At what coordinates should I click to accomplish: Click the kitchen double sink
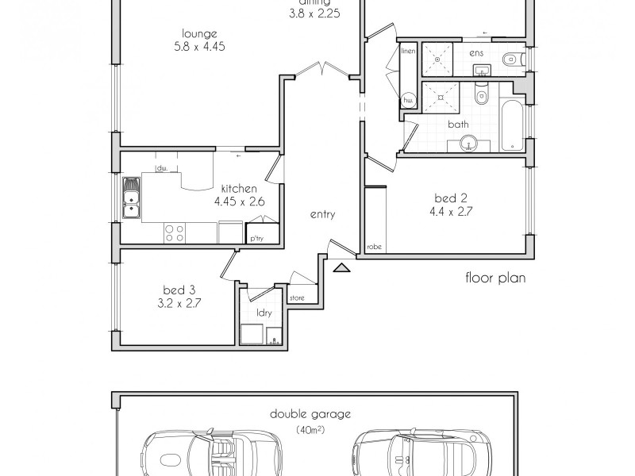132,198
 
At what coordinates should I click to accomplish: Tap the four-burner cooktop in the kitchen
175,232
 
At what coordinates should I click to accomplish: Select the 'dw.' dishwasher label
161,168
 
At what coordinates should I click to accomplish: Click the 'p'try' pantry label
256,238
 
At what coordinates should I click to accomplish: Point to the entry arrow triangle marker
341,268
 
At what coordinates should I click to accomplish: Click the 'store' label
297,298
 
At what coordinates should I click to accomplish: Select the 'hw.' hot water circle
409,101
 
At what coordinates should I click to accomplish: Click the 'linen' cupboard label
409,52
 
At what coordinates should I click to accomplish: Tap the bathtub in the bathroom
512,125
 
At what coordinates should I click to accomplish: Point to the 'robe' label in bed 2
374,247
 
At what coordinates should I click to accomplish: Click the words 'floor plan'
496,278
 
